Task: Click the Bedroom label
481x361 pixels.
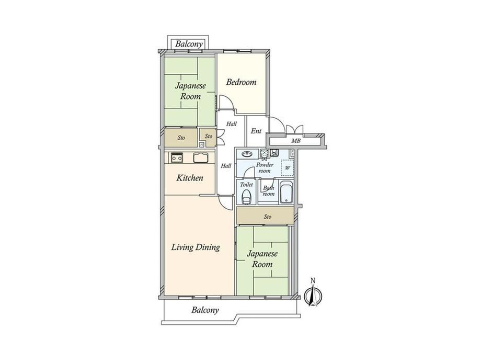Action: [241, 82]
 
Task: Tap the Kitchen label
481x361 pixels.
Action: [190, 178]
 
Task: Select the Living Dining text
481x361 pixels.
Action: [196, 247]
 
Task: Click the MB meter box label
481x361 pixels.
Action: [296, 141]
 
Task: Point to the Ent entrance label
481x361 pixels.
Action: [256, 131]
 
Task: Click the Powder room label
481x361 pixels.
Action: [265, 167]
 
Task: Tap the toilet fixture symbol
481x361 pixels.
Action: [246, 197]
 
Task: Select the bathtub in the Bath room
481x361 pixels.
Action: [287, 193]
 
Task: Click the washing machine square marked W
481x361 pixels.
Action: [288, 168]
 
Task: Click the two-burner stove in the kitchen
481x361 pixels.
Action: [177, 157]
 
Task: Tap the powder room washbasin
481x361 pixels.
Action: [247, 153]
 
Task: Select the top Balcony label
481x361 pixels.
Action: [189, 44]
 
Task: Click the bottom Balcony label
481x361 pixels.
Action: [205, 310]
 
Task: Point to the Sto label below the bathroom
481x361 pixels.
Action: [268, 217]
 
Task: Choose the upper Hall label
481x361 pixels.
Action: [232, 124]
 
